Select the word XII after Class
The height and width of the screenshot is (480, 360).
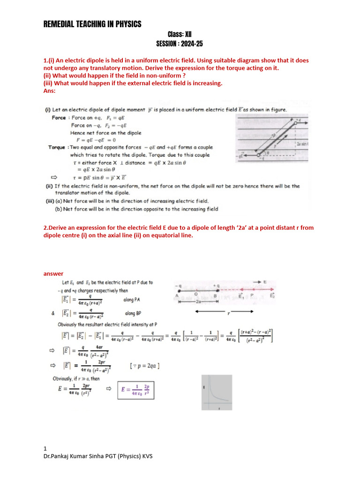coord(188,34)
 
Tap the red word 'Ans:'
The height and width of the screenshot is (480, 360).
coord(49,90)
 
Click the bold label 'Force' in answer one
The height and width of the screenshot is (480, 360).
coord(59,118)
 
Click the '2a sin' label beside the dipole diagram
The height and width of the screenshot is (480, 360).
coord(301,144)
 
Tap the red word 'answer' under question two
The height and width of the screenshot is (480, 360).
coord(53,274)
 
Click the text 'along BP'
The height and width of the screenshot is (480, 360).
coord(132,314)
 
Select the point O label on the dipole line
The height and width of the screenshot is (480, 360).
coord(196,294)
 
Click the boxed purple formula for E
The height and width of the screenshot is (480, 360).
coord(136,390)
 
